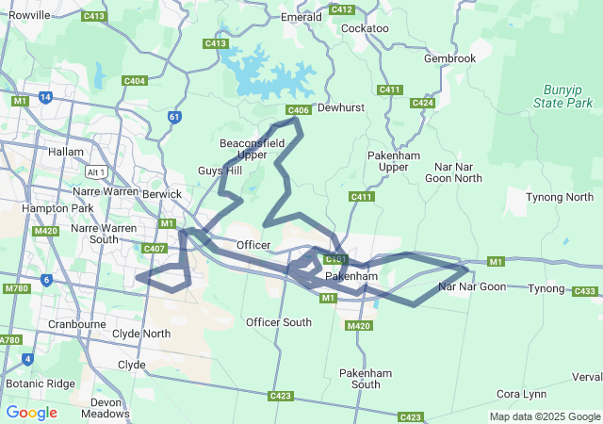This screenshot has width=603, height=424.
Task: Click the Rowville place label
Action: [x=28, y=14]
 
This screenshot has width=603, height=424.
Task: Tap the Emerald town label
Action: [x=301, y=17]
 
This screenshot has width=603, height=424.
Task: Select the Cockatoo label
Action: [x=366, y=28]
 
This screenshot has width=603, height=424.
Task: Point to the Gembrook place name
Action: [x=449, y=58]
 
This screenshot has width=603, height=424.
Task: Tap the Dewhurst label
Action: [x=340, y=108]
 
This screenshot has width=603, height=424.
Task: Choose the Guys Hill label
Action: [x=220, y=171]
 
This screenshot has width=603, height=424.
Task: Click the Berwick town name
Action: [x=162, y=193]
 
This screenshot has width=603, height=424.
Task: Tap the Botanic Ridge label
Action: [x=40, y=383]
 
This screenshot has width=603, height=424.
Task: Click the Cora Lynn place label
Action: [x=521, y=393]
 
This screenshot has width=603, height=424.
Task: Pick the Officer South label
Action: [x=279, y=322]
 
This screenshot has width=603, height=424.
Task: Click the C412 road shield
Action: [x=342, y=9]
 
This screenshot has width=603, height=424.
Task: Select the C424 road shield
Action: [x=422, y=103]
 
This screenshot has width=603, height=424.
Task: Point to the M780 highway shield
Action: [x=16, y=288]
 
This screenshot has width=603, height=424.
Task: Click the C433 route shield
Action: [x=584, y=291]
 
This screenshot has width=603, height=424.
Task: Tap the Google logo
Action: [x=31, y=413]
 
